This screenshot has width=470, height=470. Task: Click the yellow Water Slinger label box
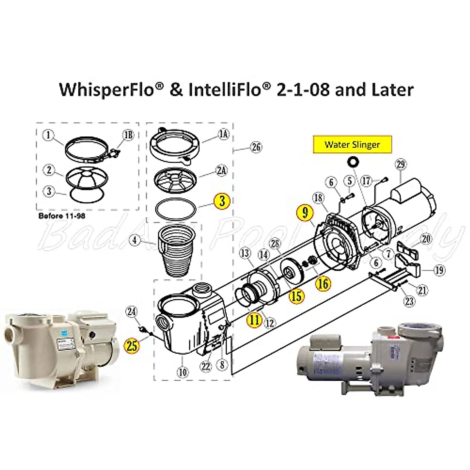point(352,144)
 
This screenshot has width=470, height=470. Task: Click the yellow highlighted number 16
point(323,283)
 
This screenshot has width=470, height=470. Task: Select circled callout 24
point(132,312)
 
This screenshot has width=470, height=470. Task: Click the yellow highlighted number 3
point(222,201)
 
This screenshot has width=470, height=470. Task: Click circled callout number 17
point(367,181)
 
